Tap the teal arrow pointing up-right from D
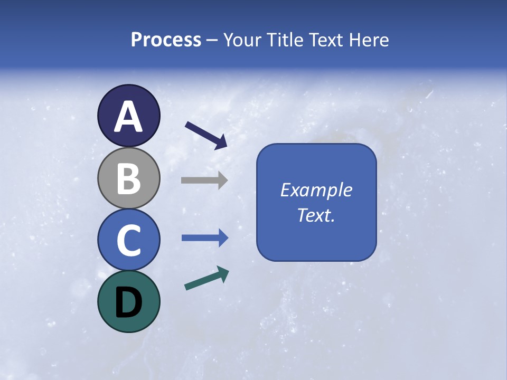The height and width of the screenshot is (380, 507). point(206,278)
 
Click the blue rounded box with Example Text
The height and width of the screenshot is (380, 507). point(316,158)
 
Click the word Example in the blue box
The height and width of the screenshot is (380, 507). point(316,190)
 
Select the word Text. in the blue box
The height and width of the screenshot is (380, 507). point(316,215)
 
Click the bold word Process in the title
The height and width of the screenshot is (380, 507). point(166,40)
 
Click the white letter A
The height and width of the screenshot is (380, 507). point(128,117)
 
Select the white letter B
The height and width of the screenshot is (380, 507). point(128,178)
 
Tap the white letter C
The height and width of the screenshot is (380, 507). point(128,240)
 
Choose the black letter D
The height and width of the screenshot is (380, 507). point(128,302)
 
